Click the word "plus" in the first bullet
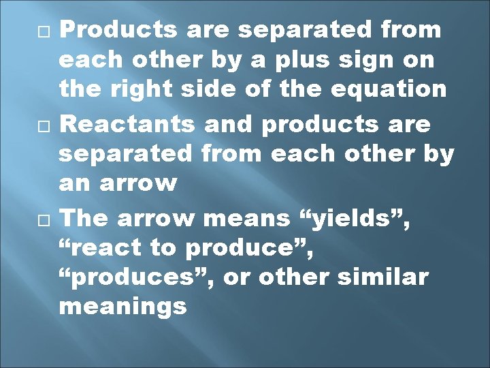click(x=304, y=60)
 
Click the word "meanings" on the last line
click(x=122, y=307)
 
